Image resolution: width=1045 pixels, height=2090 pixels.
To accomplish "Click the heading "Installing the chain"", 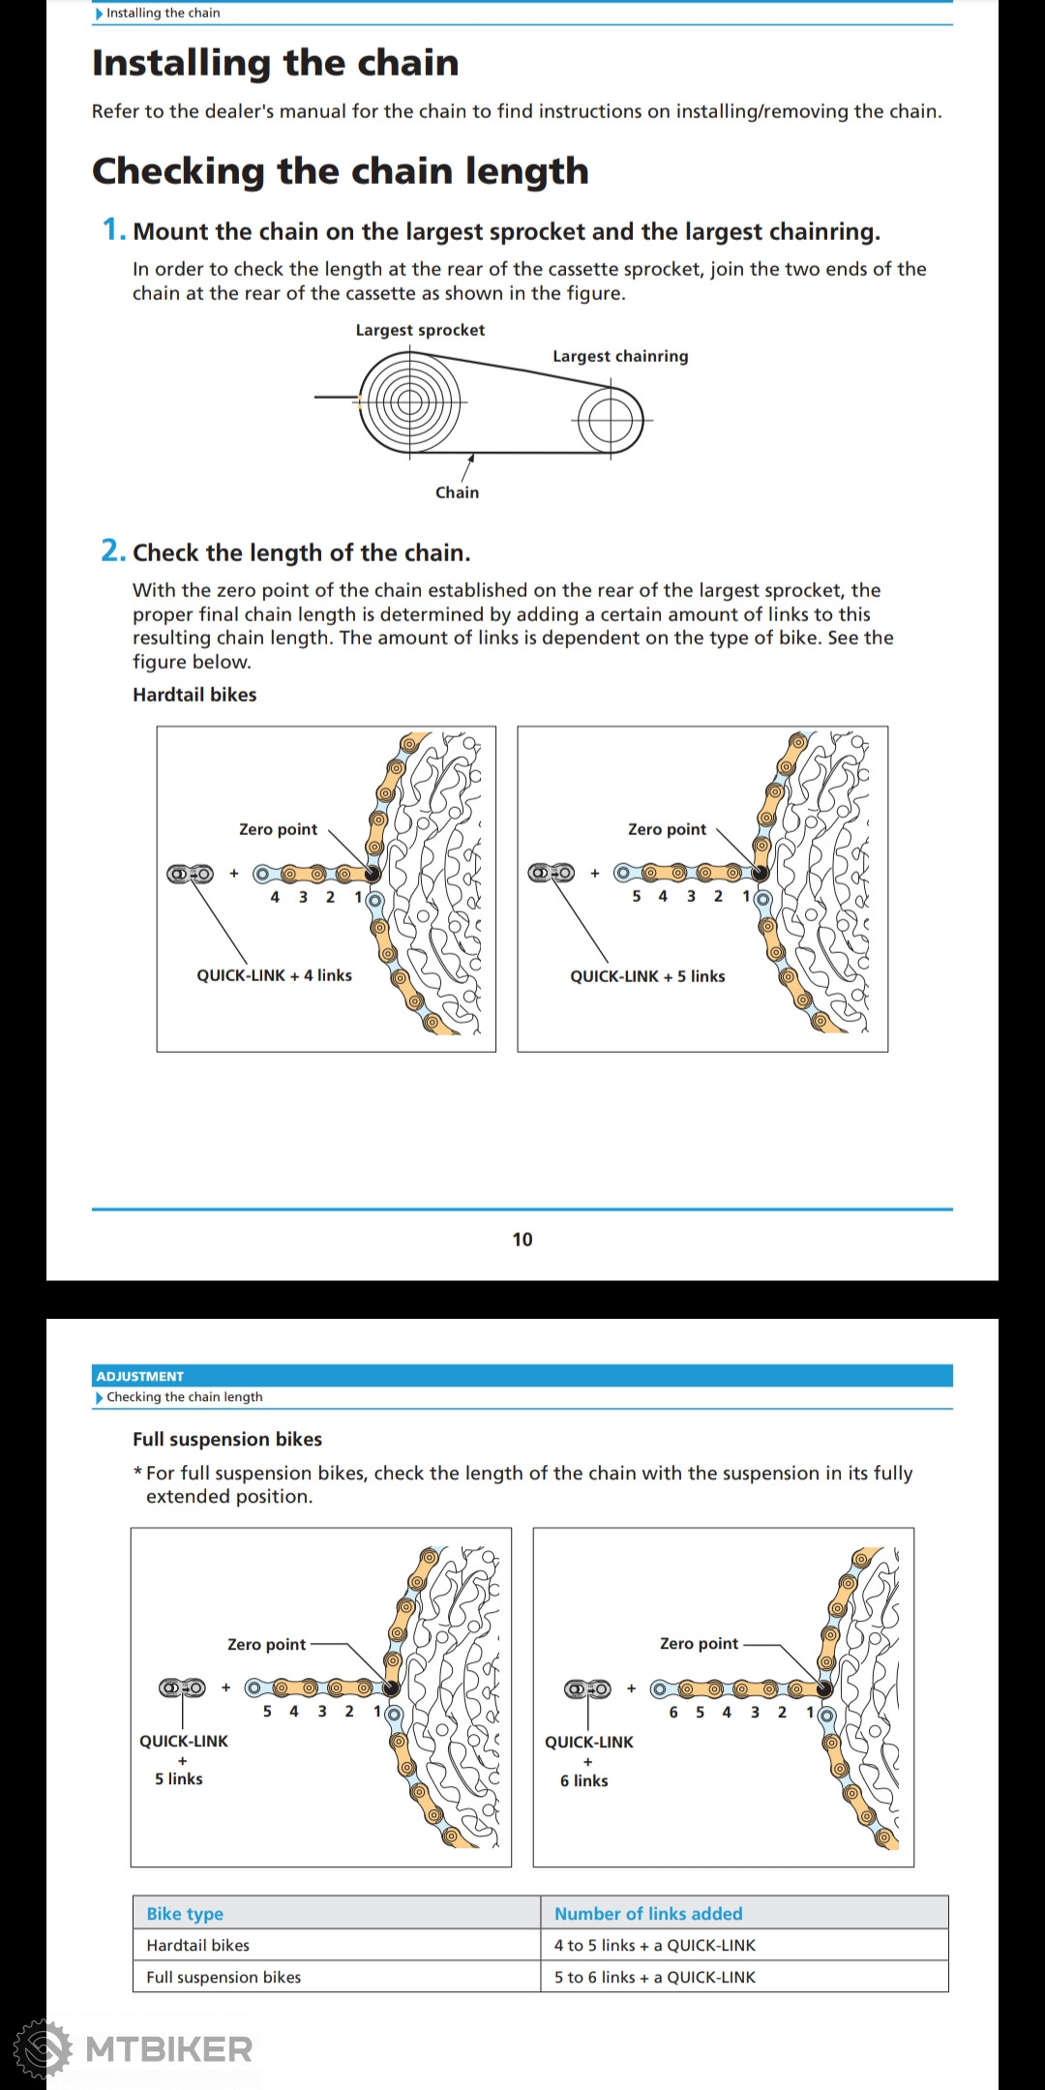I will (x=275, y=63).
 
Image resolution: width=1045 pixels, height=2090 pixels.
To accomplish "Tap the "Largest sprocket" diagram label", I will (x=420, y=330).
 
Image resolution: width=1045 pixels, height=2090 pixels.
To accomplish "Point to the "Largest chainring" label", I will (x=620, y=356).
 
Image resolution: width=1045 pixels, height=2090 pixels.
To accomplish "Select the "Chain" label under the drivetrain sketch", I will (x=457, y=493).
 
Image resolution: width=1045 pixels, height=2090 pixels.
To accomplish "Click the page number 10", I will (x=522, y=1239).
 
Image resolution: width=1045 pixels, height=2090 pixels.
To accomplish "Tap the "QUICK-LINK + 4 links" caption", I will (x=274, y=975).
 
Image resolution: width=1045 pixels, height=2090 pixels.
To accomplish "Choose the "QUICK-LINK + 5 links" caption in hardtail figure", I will (x=647, y=976).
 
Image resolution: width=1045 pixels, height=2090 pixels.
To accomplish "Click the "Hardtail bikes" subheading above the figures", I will (x=194, y=695).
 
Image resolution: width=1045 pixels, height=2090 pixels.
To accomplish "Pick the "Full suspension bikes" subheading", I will (x=227, y=1439).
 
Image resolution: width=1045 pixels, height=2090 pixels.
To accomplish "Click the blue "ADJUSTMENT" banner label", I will (x=140, y=1376).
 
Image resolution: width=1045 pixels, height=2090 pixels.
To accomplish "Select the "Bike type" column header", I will (x=185, y=1913).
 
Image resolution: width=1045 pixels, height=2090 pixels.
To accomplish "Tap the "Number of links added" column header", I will (x=648, y=1913).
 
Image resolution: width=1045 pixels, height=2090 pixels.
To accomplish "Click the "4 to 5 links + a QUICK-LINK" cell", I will (x=655, y=1945).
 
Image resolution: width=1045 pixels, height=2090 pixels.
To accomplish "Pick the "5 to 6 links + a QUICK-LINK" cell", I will (x=655, y=1977).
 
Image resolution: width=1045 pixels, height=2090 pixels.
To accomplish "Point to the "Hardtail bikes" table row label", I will (x=198, y=1945).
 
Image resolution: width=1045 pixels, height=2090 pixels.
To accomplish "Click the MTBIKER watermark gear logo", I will (x=42, y=2048).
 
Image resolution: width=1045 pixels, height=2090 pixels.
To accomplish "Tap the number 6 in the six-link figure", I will (x=673, y=1712).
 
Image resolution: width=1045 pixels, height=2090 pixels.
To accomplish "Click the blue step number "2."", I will (x=113, y=552).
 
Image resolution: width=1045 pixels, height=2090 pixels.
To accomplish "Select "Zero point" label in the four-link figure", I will (x=278, y=829).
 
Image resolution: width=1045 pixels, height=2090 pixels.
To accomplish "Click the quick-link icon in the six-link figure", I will (x=587, y=1689).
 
